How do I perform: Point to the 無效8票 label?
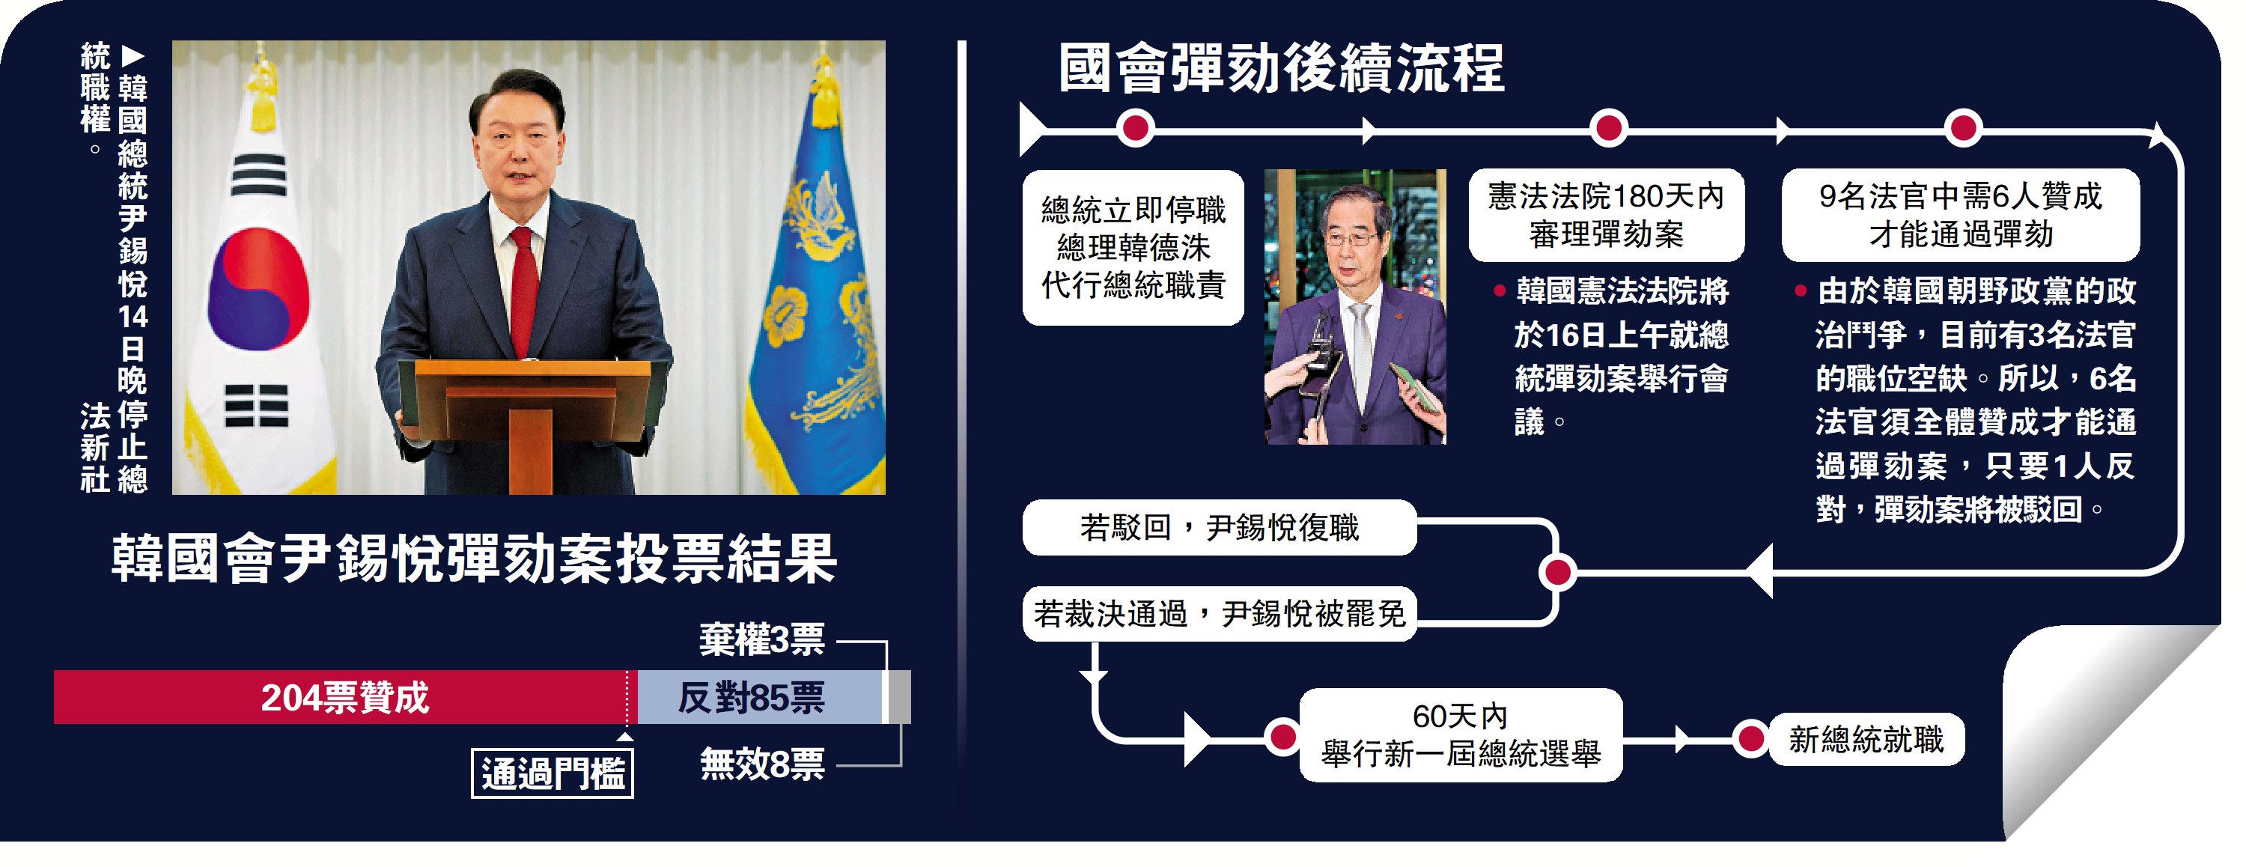762,765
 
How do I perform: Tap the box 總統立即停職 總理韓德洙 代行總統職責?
1133,248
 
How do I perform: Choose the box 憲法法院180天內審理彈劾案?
1606,216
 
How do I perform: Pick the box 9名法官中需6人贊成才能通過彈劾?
1960,216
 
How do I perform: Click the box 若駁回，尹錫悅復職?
1219,528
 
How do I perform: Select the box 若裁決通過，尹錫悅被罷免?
1219,615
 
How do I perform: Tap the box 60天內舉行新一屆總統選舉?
1461,735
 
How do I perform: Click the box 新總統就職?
1866,740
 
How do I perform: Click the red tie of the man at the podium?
523,288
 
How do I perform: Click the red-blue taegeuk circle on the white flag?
259,288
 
